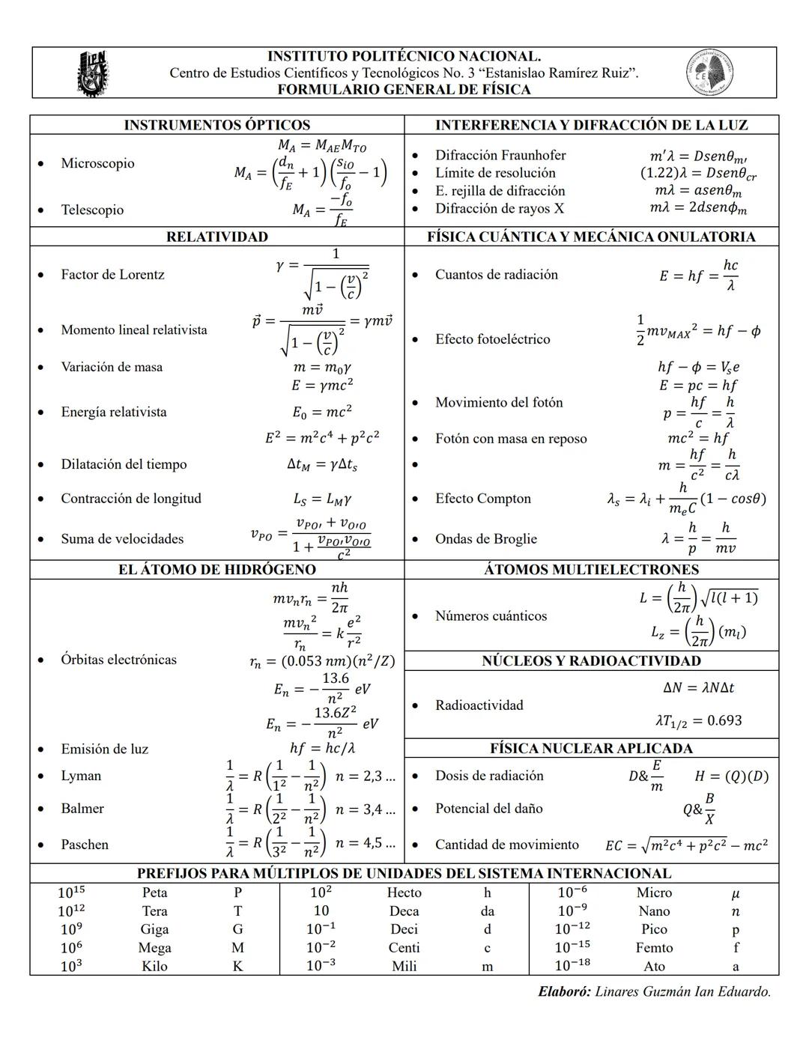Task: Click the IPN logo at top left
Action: pyautogui.click(x=93, y=73)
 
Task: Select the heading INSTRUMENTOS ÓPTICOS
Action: pyautogui.click(x=216, y=125)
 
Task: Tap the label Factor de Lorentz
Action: pyautogui.click(x=112, y=275)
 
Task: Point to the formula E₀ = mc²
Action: pyautogui.click(x=322, y=412)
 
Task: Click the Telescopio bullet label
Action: pyautogui.click(x=92, y=210)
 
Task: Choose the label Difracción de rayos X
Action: pyautogui.click(x=499, y=209)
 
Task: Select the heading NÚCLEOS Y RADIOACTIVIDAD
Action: pyautogui.click(x=591, y=661)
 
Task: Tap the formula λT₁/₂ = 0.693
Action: pyautogui.click(x=698, y=721)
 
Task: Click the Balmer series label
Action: pyautogui.click(x=82, y=809)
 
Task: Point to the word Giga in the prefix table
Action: pyautogui.click(x=154, y=929)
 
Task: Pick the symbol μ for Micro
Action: pyautogui.click(x=736, y=893)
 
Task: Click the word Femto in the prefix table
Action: pyautogui.click(x=654, y=948)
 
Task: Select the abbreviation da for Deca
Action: pyautogui.click(x=487, y=911)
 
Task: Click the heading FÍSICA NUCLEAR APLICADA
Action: pyautogui.click(x=591, y=749)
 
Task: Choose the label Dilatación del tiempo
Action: pyautogui.click(x=124, y=464)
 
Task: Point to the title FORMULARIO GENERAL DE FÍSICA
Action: pyautogui.click(x=404, y=90)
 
